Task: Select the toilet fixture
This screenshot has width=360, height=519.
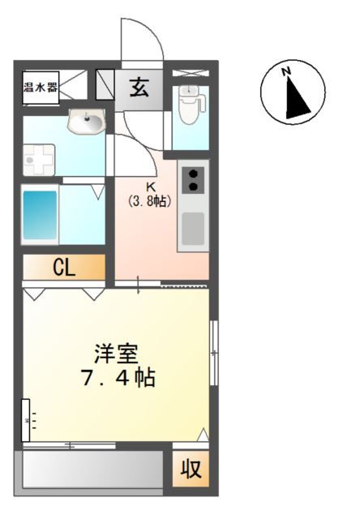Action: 189,105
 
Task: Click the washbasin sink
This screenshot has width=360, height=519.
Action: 85,123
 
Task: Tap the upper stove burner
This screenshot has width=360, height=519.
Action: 194,172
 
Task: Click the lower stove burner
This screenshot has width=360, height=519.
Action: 194,187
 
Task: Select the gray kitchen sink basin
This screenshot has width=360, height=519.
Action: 193,228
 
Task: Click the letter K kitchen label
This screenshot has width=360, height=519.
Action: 150,187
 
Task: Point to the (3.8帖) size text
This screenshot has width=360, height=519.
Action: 150,200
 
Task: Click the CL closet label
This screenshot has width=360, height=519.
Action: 64,268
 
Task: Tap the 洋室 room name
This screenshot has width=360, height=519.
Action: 117,354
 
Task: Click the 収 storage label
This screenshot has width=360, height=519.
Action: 191,469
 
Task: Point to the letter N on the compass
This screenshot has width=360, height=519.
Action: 286,72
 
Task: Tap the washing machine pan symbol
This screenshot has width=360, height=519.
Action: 38,160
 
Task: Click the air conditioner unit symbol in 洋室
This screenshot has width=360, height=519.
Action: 27,420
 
